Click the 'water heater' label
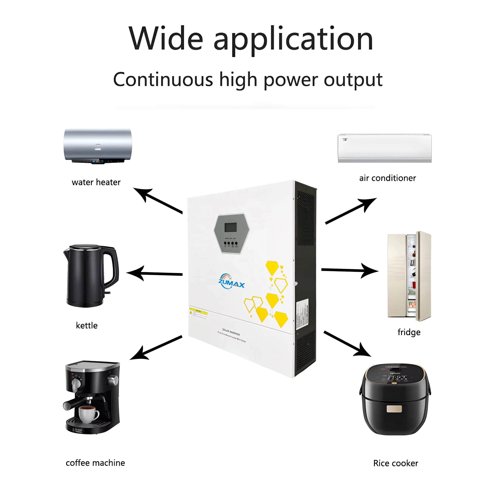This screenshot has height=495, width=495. tap(96, 182)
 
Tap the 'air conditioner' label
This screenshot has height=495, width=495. tap(387, 178)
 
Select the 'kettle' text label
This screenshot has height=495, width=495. tap(87, 325)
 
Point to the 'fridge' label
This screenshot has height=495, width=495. tap(409, 332)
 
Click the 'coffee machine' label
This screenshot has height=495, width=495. tap(95, 463)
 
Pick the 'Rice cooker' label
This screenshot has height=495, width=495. tap(396, 463)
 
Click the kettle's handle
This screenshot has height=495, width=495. tap(113, 266)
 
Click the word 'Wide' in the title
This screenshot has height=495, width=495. tap(166, 38)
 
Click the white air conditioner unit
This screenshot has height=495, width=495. tap(385, 148)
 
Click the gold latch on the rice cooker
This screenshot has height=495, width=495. tap(394, 409)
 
